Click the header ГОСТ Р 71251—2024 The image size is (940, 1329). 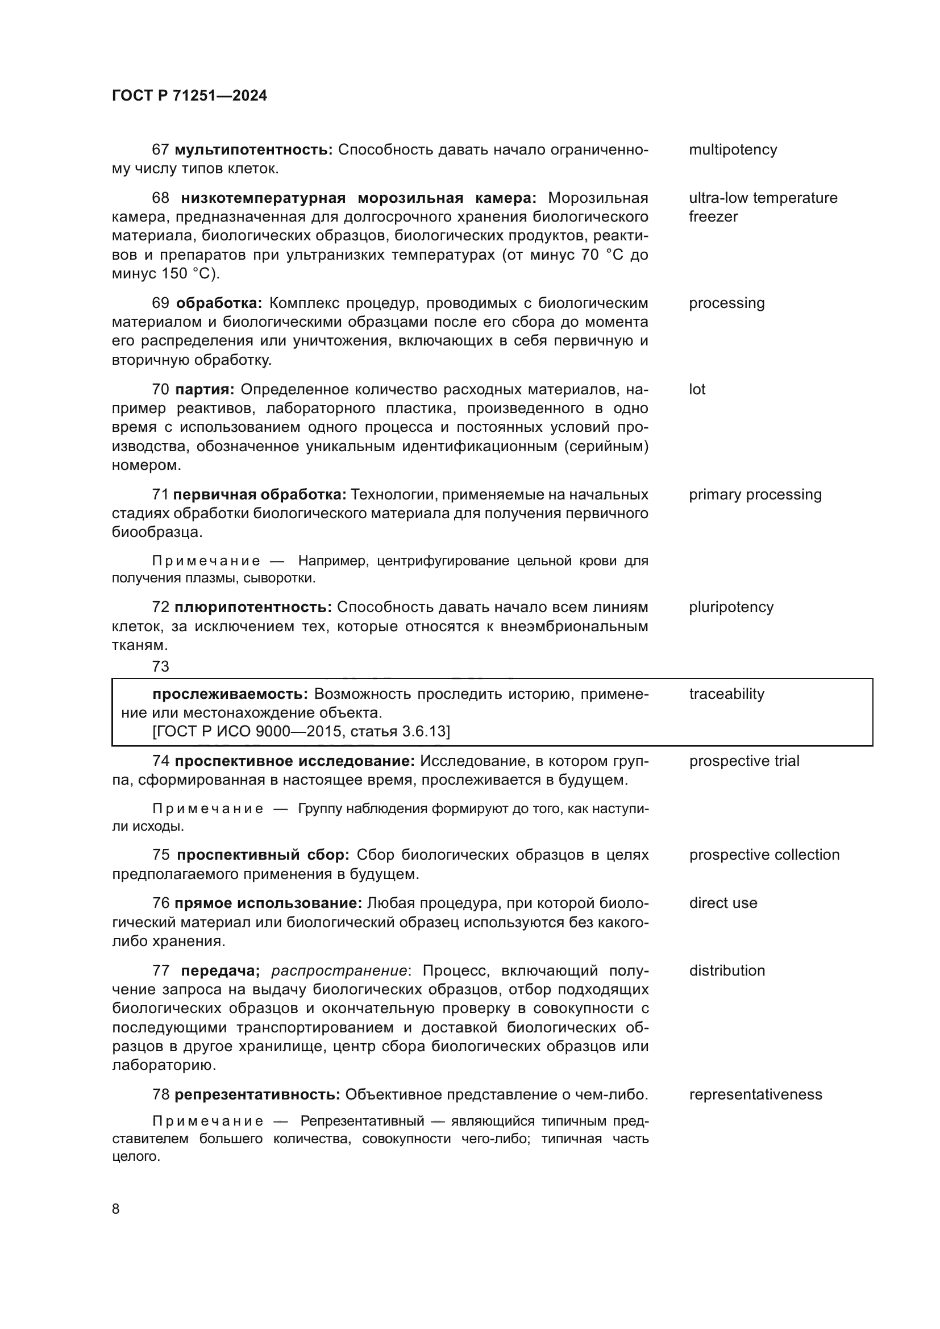coord(189,95)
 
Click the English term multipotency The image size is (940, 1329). coord(733,150)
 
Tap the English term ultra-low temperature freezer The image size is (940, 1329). coord(762,207)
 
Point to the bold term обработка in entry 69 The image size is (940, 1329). coord(219,303)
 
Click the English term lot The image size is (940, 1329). coord(697,390)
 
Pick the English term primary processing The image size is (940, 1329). coord(755,495)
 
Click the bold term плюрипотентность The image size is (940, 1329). coord(253,607)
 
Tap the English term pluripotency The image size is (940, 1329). coord(731,607)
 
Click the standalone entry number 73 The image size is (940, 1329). coord(160,667)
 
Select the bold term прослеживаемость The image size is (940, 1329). coord(230,694)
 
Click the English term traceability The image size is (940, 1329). coord(726,694)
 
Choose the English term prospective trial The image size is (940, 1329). coord(744,761)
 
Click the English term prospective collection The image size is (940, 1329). coord(764,855)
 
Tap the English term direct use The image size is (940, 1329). coord(723,903)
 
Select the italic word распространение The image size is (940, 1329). coord(339,970)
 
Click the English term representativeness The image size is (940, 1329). coord(755,1094)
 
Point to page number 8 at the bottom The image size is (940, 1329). coord(116,1209)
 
